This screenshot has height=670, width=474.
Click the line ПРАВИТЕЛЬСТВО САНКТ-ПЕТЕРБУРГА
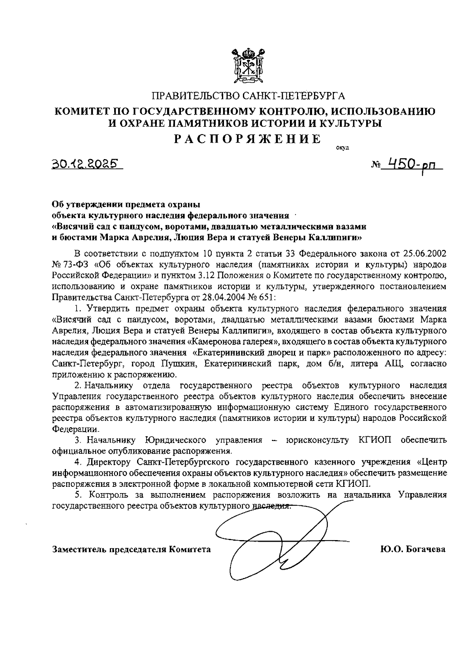[x=248, y=96]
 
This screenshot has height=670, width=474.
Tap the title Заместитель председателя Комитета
[x=132, y=549]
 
